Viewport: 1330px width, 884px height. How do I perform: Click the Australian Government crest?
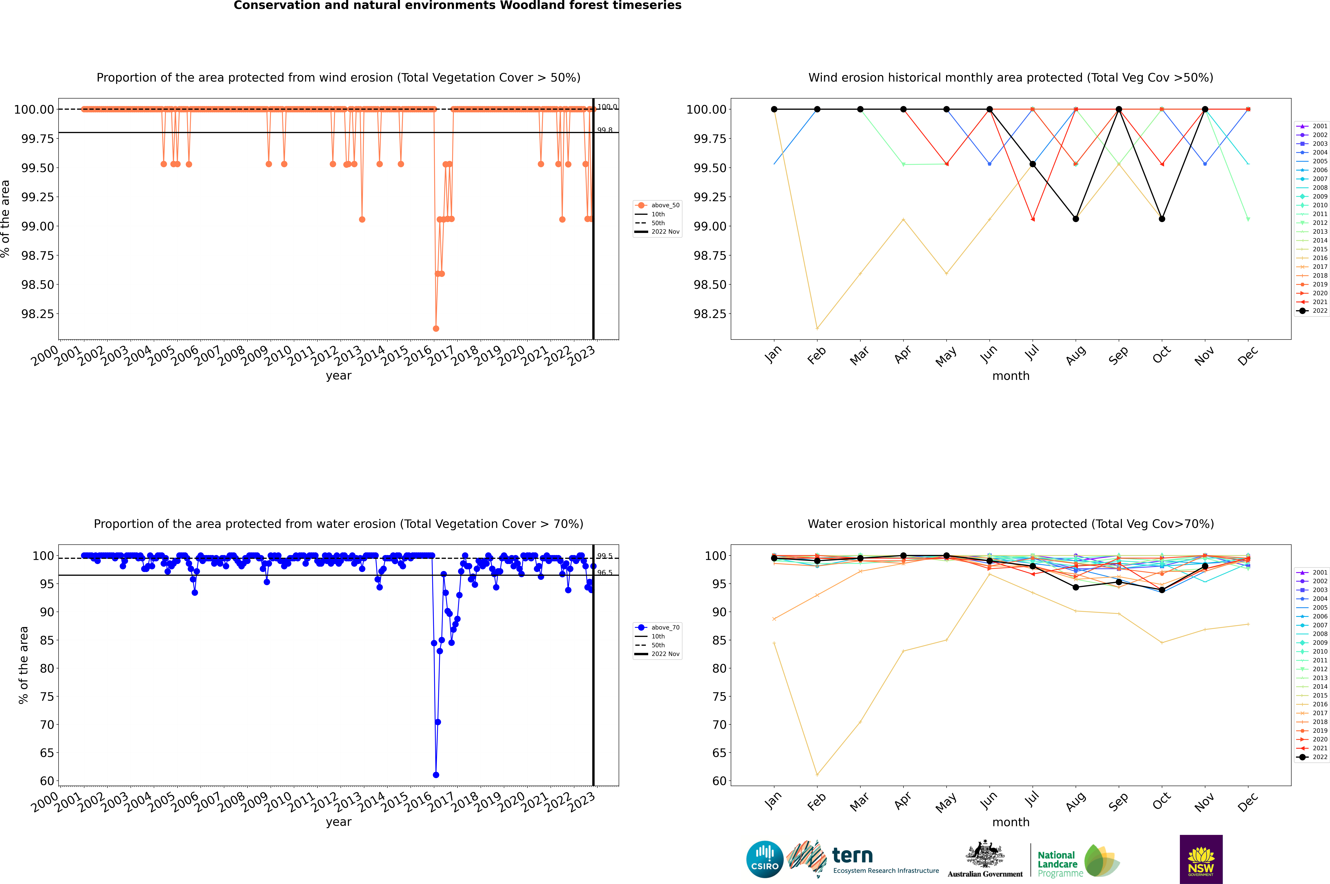point(985,855)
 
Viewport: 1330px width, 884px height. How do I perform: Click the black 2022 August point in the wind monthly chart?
point(1076,219)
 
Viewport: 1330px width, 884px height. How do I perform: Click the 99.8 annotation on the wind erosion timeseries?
point(605,130)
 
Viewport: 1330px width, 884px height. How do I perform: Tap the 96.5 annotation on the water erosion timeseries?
point(605,573)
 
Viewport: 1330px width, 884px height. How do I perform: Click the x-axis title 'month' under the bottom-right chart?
point(1010,822)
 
